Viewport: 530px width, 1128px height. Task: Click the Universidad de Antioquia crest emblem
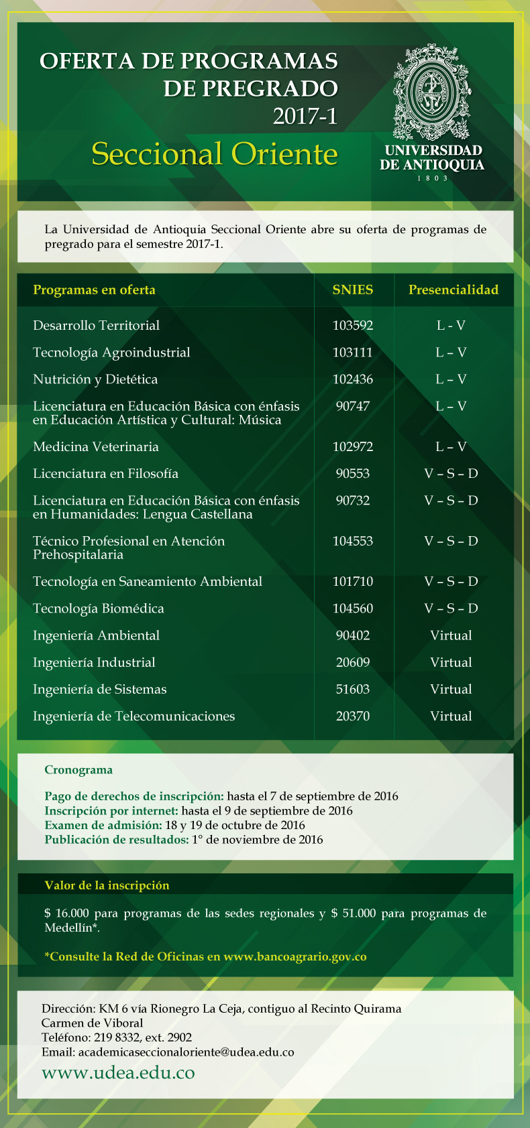coord(431,92)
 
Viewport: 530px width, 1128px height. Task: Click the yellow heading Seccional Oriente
coord(215,154)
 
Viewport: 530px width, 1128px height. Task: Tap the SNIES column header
coord(353,290)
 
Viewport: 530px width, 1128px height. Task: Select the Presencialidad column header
coord(454,290)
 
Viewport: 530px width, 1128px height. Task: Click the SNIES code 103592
coord(353,326)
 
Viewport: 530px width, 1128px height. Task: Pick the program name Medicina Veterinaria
coord(96,447)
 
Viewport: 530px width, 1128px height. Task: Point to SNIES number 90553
coord(353,474)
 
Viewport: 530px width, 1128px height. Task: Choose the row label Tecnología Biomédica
coord(99,609)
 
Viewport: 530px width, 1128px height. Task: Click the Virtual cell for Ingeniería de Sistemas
coord(451,690)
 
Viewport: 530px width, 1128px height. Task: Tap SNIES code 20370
coord(353,716)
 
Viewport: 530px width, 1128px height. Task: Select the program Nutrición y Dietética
coord(95,379)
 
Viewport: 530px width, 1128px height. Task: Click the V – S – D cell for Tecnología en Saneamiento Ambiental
coord(451,582)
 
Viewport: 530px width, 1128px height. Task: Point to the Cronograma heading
coord(78,770)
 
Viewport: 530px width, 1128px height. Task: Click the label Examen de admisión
coord(103,825)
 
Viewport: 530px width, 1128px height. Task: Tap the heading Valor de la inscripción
coord(107,885)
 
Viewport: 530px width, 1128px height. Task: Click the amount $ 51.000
coord(354,914)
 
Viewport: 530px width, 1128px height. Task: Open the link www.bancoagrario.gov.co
coord(295,956)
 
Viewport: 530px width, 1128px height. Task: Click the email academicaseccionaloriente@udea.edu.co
coord(187,1052)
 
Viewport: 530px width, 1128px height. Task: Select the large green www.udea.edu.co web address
coord(118,1073)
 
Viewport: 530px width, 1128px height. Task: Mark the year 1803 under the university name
coord(432,178)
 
